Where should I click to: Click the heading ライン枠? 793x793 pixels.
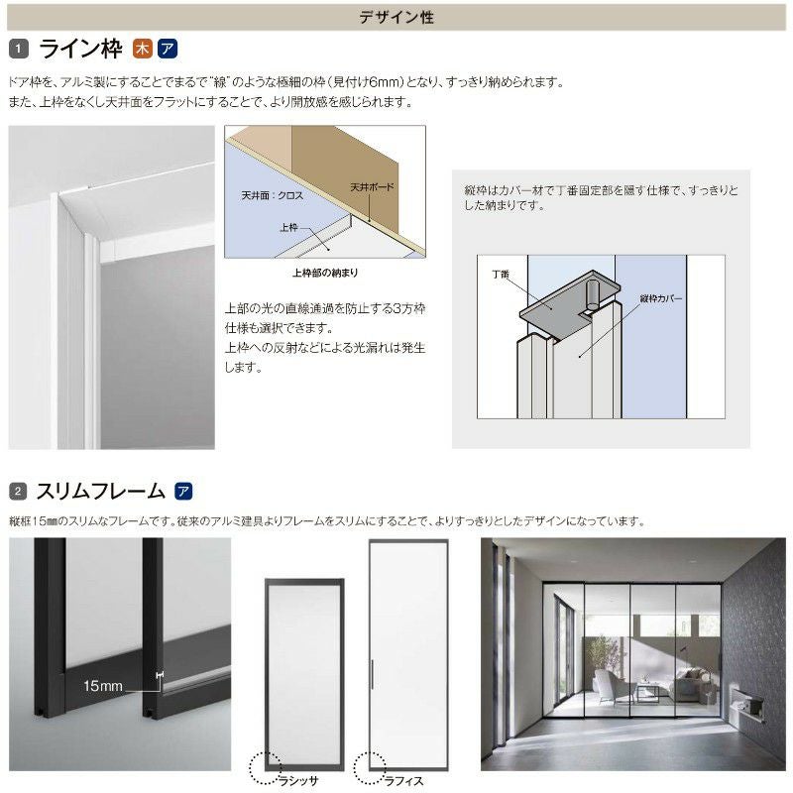(79, 49)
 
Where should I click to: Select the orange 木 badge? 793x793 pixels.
(143, 49)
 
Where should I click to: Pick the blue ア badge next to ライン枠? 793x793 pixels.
(167, 49)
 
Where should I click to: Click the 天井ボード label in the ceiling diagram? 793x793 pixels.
(372, 186)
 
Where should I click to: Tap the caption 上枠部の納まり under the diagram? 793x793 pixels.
(324, 271)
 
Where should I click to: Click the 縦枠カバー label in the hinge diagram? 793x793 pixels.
(663, 296)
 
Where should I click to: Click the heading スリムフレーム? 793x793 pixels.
(100, 491)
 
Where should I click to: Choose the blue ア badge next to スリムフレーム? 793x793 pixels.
(182, 491)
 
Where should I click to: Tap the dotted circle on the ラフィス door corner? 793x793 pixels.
(369, 764)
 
